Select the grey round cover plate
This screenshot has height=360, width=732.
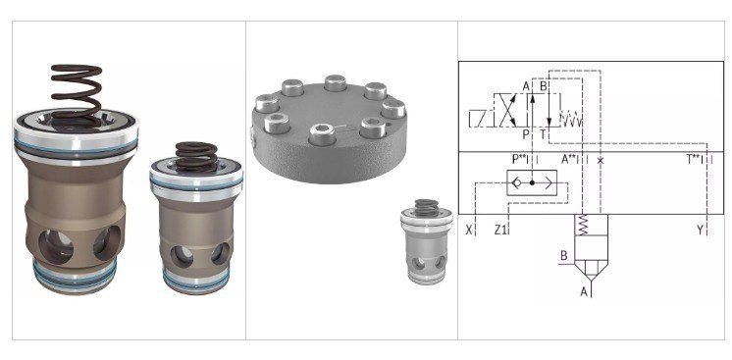coord(329,129)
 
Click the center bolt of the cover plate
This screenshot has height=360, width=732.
coord(322,133)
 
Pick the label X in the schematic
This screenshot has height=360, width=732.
coord(469,230)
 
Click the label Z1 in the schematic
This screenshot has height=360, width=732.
coord(500,230)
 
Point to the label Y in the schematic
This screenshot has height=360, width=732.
coord(700,230)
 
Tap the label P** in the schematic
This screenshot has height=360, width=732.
coord(519,159)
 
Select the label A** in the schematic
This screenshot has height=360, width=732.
coord(569,159)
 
